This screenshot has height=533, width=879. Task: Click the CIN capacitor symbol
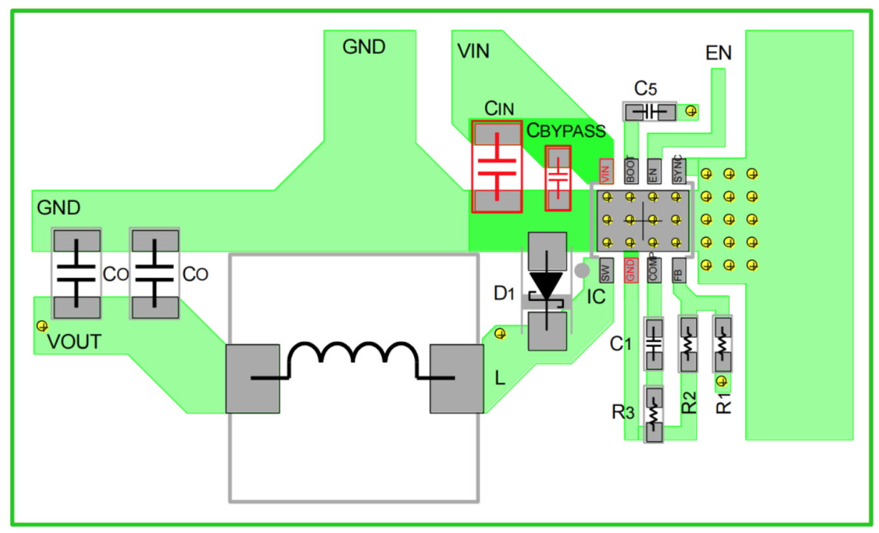click(497, 167)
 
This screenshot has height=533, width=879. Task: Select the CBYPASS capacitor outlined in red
click(559, 177)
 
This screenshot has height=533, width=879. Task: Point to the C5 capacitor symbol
click(649, 111)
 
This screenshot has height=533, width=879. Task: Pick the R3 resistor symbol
click(654, 414)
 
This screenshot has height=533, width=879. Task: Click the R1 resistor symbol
click(722, 344)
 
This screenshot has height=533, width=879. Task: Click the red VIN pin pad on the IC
click(606, 172)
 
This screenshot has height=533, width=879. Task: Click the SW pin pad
click(606, 269)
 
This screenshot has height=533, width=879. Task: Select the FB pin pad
click(679, 269)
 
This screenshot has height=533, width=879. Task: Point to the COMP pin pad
click(654, 269)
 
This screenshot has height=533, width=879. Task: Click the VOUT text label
click(75, 342)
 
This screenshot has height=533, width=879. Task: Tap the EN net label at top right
click(718, 53)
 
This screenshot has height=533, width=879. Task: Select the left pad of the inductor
click(252, 378)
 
